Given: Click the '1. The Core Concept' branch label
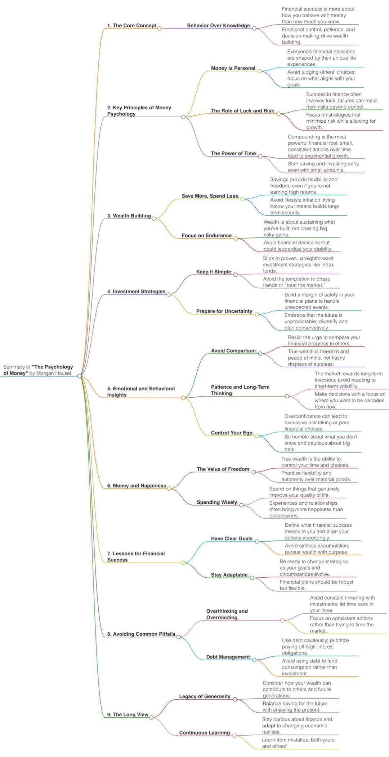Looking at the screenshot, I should (131, 26).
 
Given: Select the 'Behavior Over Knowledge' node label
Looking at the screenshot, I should (218, 26).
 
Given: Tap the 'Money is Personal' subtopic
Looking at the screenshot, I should (233, 68).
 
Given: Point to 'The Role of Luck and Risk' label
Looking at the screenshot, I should (242, 111).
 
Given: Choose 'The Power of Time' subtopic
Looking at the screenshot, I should (233, 153).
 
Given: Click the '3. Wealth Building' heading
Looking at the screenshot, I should (129, 216).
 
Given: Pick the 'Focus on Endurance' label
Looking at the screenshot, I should (206, 236).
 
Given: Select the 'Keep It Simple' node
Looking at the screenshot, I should (214, 272).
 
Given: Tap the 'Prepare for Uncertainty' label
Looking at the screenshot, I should (224, 311).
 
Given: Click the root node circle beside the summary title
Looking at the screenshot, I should (80, 376).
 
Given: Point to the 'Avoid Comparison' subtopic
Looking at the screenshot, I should (233, 351).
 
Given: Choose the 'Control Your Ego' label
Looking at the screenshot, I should (232, 433).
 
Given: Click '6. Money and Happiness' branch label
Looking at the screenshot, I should (137, 486).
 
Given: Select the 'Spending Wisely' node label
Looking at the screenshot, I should (217, 502).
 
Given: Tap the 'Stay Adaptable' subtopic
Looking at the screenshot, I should (229, 575).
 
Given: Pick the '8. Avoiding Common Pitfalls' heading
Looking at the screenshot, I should (141, 634).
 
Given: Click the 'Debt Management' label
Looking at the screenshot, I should (228, 657).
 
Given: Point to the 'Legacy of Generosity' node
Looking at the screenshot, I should (205, 696).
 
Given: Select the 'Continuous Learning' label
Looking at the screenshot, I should (204, 732).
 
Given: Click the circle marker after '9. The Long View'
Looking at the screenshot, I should (152, 717).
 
